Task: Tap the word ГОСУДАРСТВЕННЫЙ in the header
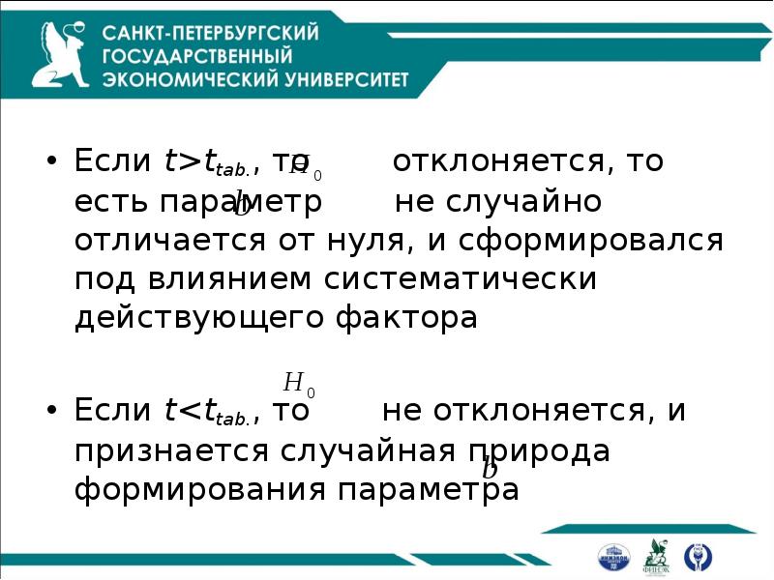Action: pyautogui.click(x=197, y=57)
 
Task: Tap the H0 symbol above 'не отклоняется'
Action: pyautogui.click(x=298, y=383)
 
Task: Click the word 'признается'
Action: pyautogui.click(x=172, y=450)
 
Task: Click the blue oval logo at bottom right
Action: pyautogui.click(x=613, y=557)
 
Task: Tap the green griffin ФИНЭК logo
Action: pyautogui.click(x=657, y=555)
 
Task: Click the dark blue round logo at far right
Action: pyautogui.click(x=698, y=557)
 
